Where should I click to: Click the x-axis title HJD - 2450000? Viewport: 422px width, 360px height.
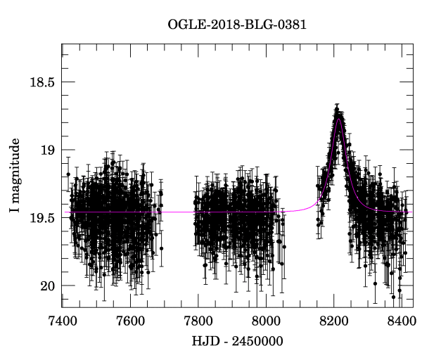[x=236, y=341]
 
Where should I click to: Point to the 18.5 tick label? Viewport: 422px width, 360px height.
[x=41, y=82]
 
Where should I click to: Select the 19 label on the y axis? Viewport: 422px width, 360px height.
[x=47, y=150]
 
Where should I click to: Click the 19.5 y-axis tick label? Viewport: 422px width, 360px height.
[x=41, y=218]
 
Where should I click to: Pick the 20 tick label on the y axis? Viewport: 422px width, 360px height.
[x=47, y=285]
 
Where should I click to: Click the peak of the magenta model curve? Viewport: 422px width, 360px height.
[x=338, y=120]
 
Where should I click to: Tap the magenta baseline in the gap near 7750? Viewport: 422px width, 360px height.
[x=180, y=212]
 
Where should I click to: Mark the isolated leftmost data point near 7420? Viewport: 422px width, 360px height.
[x=68, y=174]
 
